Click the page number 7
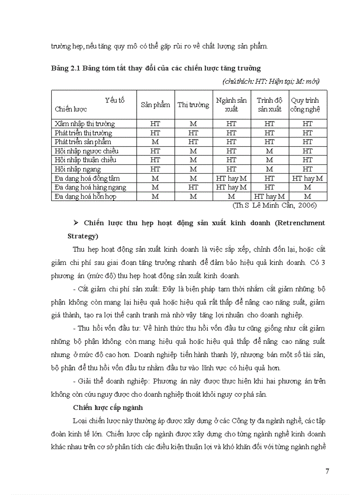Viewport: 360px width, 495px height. click(327, 472)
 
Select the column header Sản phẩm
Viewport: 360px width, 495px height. click(155, 105)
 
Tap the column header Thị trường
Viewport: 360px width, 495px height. click(193, 105)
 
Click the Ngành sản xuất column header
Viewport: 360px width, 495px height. click(231, 105)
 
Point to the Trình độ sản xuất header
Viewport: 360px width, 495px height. click(270, 105)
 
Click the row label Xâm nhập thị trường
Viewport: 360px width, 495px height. click(85, 124)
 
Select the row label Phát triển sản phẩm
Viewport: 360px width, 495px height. click(83, 142)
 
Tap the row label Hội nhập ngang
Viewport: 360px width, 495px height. click(78, 169)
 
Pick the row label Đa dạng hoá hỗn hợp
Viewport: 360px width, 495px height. click(86, 197)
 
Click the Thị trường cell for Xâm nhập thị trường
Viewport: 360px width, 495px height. click(193, 124)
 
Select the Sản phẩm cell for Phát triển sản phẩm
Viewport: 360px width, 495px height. click(155, 142)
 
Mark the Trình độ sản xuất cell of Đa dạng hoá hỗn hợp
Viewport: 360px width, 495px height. click(270, 197)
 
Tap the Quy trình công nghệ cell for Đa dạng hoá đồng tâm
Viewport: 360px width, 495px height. click(307, 179)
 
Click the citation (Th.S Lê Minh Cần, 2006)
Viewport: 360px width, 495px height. click(274, 205)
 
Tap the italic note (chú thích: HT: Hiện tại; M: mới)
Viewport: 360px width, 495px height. click(271, 81)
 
